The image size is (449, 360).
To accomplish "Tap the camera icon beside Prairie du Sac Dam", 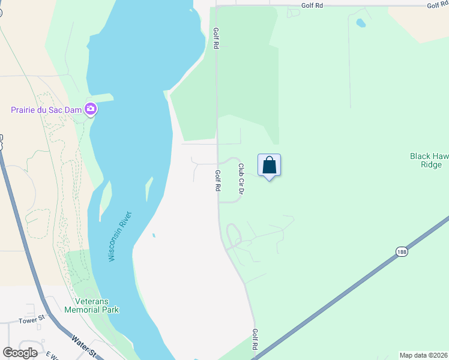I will pos(91,109).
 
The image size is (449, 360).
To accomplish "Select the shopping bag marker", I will pos(270,166).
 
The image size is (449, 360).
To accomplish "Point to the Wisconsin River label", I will pos(120,236).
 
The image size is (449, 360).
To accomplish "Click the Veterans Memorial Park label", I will pos(92,305).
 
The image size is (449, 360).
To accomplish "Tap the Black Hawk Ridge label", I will pos(429,160).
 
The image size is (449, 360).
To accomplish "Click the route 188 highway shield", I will pos(401,253).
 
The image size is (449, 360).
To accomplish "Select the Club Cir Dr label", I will pos(241,179).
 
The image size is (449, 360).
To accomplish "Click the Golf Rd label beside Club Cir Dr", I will pos(218,180).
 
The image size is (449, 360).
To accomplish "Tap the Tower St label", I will pos(31,320).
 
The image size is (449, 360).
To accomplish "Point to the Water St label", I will pos(84,347).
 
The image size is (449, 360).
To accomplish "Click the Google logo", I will pos(20,353).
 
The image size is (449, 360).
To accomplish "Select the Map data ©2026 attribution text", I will pos(423,355).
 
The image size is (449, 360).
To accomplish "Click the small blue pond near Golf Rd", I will pos(360,23).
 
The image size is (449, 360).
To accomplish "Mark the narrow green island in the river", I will pos(148,191).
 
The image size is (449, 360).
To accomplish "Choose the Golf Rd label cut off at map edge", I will pos(437,5).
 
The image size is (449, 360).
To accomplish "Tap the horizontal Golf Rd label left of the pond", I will pos(312,5).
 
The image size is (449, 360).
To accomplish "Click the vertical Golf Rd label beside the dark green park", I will pos(215,37).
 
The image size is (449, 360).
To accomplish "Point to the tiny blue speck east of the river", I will pos(154,235).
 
